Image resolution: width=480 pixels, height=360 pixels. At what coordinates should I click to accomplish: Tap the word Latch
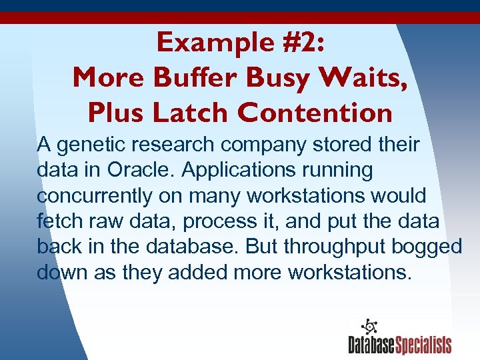191,113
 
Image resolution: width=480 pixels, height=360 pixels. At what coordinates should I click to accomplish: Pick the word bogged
427,247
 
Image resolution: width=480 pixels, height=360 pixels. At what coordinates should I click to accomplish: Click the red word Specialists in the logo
424,345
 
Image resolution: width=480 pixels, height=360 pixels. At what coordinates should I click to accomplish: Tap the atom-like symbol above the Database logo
369,327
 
